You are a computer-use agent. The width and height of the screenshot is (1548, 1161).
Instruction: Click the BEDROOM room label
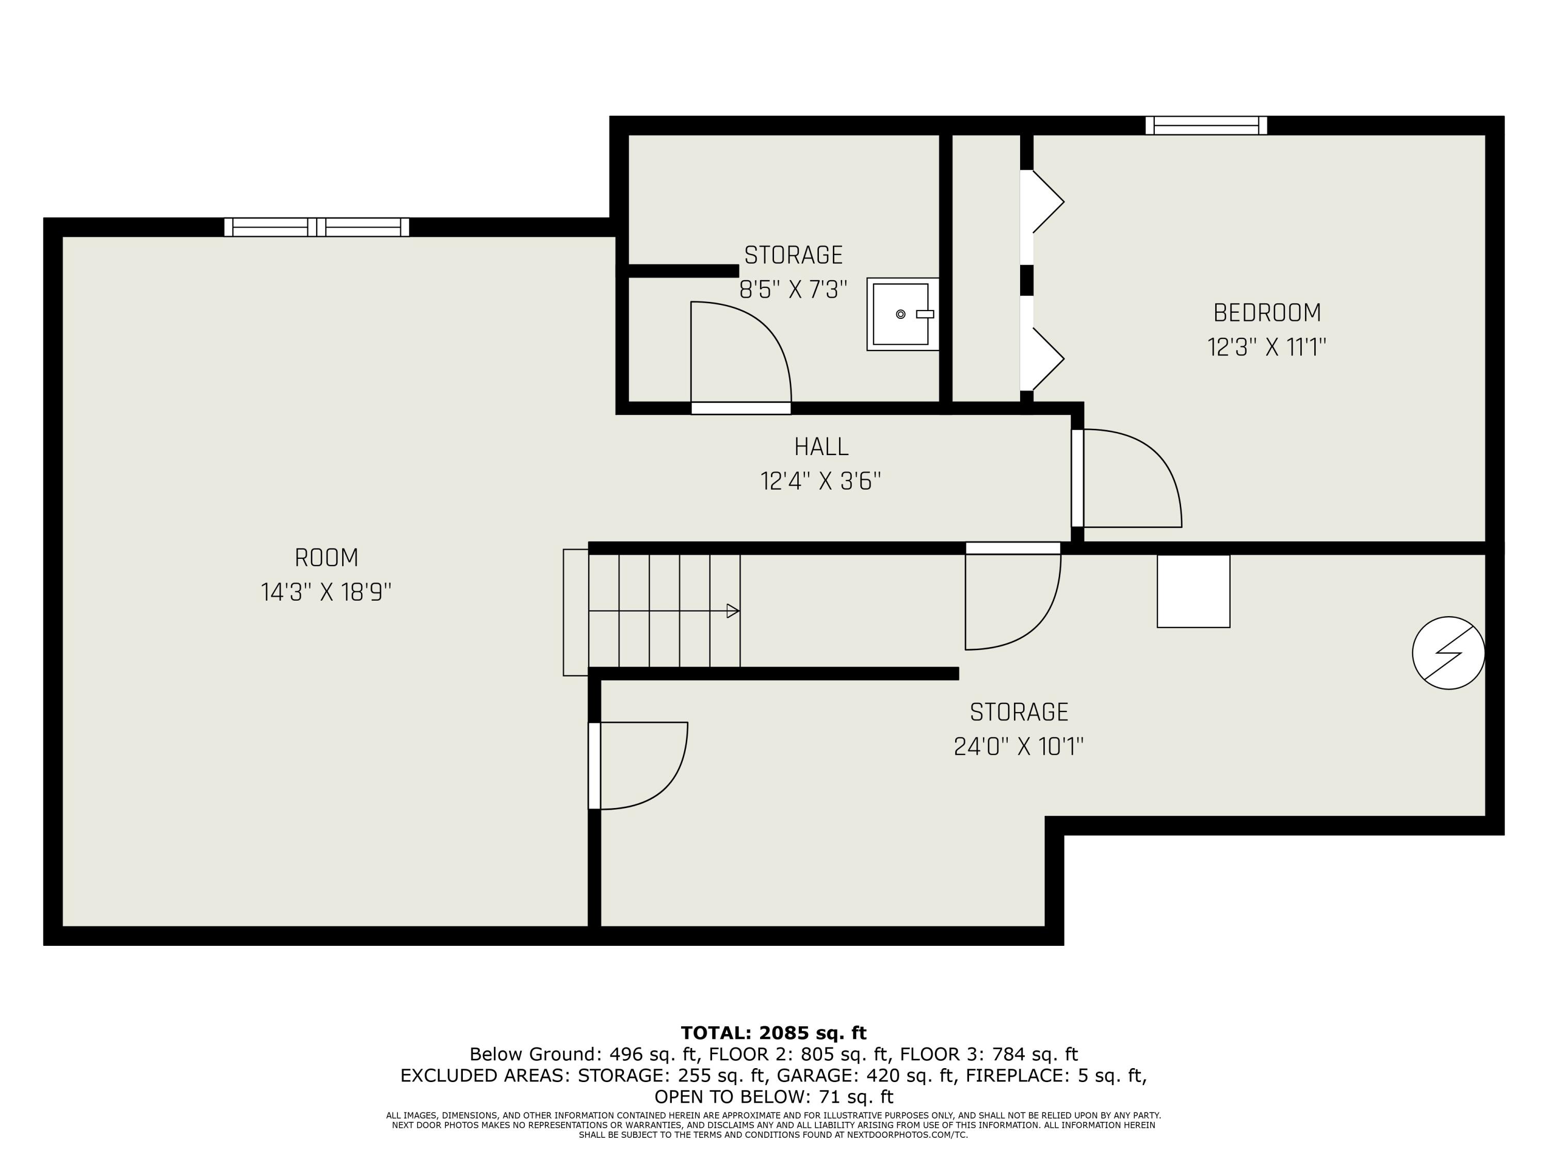click(1267, 313)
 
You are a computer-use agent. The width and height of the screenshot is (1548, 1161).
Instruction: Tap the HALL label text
click(821, 446)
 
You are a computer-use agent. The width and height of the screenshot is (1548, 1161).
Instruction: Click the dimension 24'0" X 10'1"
click(1018, 747)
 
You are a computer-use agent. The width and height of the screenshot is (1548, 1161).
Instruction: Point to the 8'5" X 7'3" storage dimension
click(793, 289)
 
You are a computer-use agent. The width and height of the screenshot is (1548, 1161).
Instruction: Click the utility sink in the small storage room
click(901, 314)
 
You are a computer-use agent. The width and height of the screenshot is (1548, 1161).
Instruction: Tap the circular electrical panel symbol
click(1448, 652)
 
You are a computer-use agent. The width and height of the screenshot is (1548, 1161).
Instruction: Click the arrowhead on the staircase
click(733, 611)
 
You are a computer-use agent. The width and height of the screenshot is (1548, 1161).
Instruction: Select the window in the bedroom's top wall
click(1206, 125)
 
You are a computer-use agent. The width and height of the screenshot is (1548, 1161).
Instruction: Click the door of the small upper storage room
click(740, 356)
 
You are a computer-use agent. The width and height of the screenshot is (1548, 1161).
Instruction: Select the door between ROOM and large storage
click(637, 766)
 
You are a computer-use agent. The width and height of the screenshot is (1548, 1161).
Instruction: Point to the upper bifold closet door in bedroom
click(1043, 202)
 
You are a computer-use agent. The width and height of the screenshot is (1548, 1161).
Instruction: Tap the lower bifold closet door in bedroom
click(1043, 358)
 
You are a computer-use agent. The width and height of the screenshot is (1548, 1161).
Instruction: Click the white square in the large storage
click(1193, 591)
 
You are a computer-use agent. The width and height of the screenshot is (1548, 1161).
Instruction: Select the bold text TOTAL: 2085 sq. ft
click(773, 1033)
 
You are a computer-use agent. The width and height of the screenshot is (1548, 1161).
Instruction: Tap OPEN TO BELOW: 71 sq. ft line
click(773, 1096)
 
